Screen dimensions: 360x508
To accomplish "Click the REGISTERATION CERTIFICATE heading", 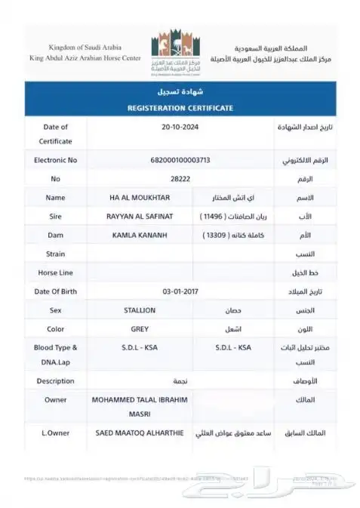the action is (x=179, y=108).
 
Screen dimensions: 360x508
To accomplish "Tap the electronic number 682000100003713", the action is (x=179, y=160).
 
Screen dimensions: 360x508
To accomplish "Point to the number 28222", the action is (x=179, y=179).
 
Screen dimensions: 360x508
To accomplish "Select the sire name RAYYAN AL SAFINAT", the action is (x=140, y=217).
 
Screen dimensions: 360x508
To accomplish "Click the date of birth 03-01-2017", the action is (x=179, y=291).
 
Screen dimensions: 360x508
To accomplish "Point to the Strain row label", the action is (x=56, y=254).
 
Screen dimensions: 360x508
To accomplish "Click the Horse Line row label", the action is (x=56, y=272).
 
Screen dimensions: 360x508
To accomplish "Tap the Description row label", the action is (x=56, y=381).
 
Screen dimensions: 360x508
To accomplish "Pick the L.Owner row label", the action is (x=56, y=435).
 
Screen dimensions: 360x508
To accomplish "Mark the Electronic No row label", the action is (x=56, y=160).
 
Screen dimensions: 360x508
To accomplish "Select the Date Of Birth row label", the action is (x=56, y=291).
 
